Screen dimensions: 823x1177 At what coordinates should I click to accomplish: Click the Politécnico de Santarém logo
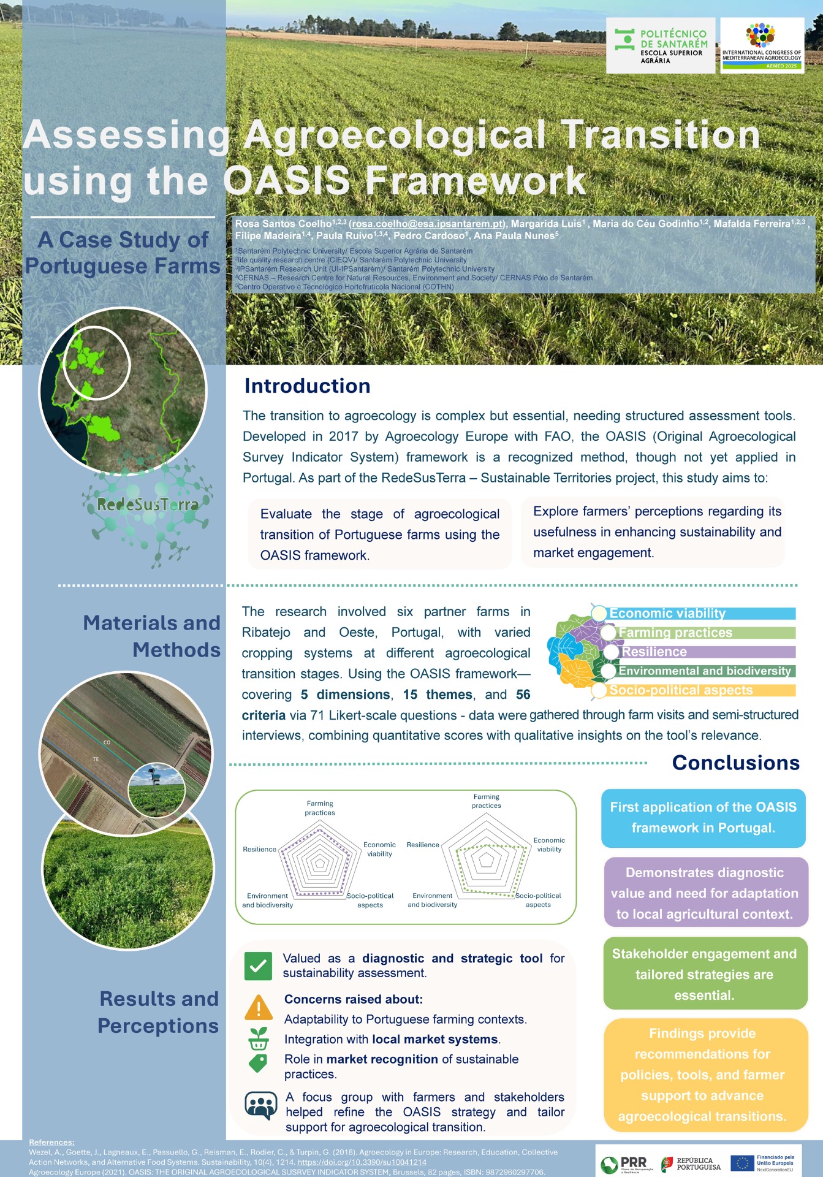661,46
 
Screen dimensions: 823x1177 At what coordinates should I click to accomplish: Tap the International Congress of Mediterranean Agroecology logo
762,46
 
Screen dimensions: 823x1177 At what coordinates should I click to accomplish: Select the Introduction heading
308,386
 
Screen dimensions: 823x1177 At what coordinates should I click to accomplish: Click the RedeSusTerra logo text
148,505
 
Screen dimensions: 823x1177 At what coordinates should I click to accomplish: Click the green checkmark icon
258,966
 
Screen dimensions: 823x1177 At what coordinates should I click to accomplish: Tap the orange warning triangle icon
259,1007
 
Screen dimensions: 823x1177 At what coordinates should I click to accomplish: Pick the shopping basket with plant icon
259,1038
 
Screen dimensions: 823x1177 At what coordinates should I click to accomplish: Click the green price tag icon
259,1063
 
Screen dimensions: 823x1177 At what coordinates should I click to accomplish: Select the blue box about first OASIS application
704,818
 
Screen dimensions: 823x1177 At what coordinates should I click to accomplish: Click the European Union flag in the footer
742,1163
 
